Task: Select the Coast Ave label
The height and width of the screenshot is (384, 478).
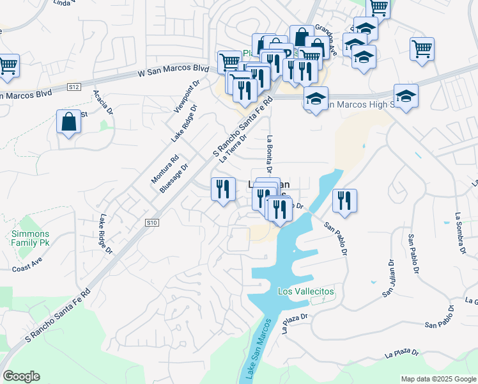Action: pyautogui.click(x=26, y=266)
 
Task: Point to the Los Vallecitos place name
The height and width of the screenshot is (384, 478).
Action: pyautogui.click(x=306, y=291)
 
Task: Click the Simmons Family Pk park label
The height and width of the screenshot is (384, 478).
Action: pyautogui.click(x=30, y=239)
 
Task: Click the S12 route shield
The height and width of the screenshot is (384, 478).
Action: pyautogui.click(x=74, y=86)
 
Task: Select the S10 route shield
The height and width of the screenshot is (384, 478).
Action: pyautogui.click(x=151, y=223)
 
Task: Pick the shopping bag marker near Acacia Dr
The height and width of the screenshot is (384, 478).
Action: pyautogui.click(x=69, y=122)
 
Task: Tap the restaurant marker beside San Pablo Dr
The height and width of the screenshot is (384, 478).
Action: pyautogui.click(x=345, y=200)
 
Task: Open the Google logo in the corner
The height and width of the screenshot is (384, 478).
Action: pyautogui.click(x=21, y=376)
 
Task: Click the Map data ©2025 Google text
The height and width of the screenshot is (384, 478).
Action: pyautogui.click(x=438, y=379)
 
